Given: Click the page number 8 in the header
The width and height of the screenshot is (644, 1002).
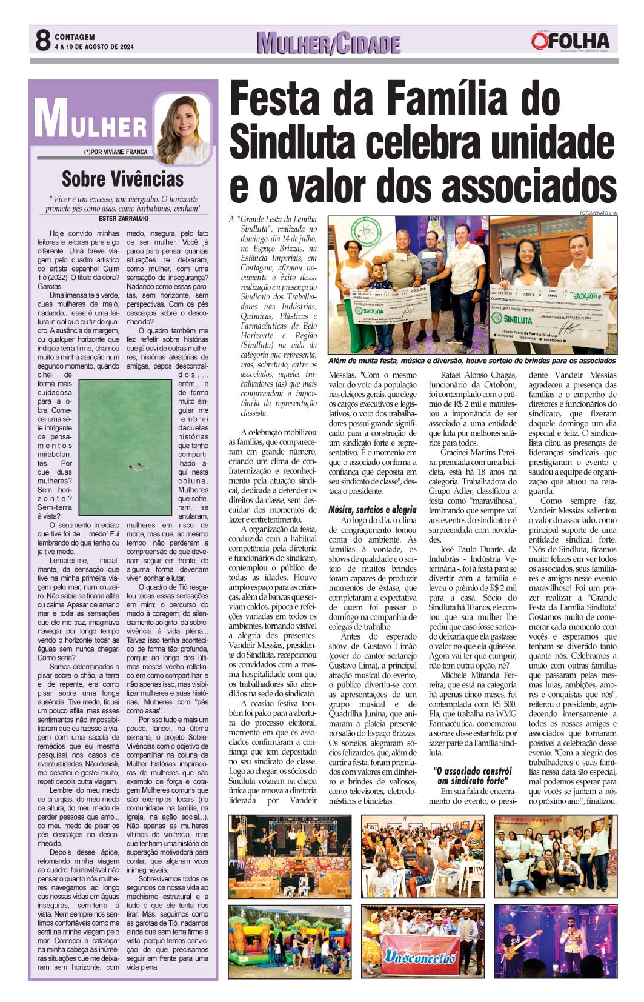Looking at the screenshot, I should (x=42, y=41).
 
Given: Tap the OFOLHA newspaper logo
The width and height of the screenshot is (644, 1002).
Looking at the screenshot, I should (x=570, y=41).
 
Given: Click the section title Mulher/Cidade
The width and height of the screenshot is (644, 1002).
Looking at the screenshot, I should (x=328, y=43).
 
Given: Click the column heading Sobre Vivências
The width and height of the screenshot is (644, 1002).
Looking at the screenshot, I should (x=122, y=179).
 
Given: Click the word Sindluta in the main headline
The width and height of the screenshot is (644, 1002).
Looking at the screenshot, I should (x=294, y=139).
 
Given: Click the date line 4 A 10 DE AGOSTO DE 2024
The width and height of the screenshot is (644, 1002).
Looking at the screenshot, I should (x=94, y=47).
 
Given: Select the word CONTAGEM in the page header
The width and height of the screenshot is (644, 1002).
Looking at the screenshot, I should (x=75, y=37).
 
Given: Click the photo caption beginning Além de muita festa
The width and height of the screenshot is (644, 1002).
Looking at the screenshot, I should (x=471, y=360).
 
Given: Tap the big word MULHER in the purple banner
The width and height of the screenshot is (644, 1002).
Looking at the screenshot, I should (x=90, y=121).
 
